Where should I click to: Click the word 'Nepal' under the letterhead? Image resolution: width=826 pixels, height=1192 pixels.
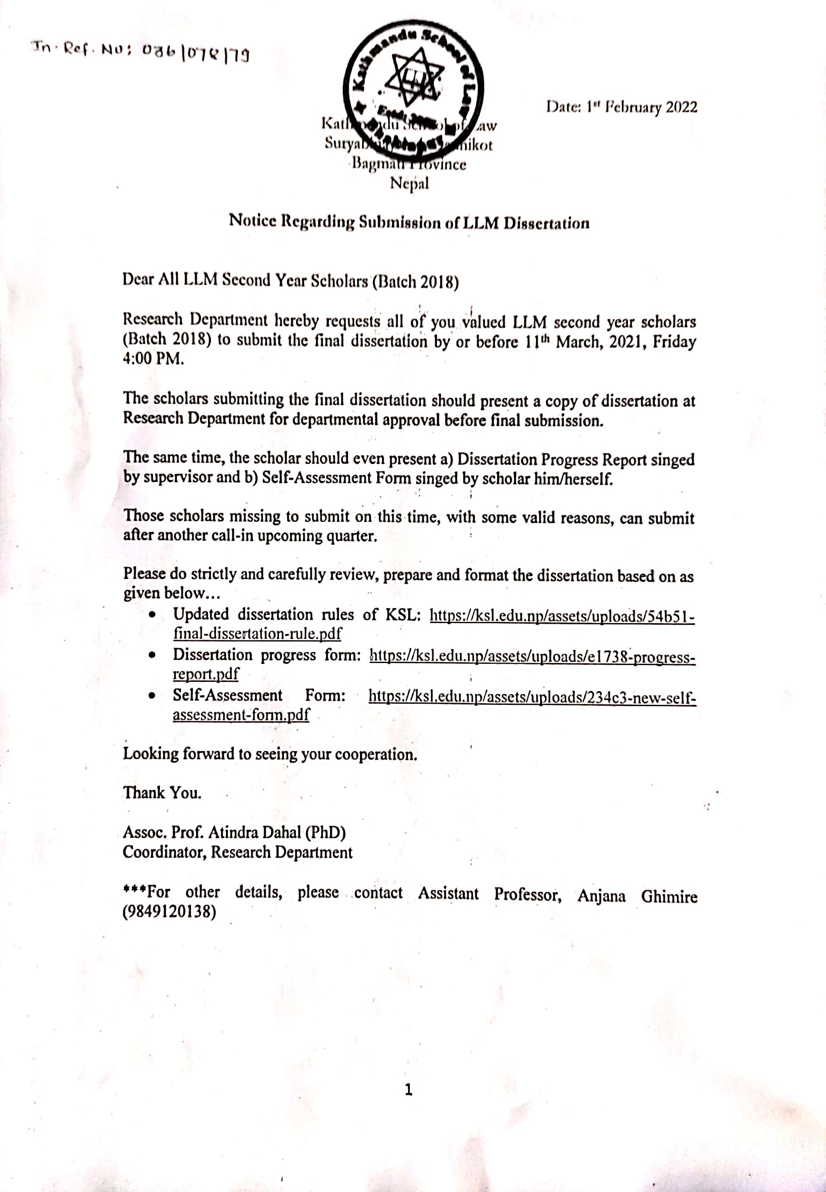[x=409, y=183]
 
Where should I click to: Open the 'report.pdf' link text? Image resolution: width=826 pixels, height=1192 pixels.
[x=205, y=674]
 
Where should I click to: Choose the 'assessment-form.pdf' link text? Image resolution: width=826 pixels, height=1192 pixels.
[x=241, y=714]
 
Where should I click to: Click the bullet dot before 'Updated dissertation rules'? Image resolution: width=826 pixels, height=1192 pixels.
[x=151, y=615]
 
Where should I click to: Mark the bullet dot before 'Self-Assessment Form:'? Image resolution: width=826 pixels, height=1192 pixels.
[x=151, y=697]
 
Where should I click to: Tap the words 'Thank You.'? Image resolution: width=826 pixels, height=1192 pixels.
[x=162, y=793]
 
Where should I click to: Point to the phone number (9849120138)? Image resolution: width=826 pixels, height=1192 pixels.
[x=169, y=911]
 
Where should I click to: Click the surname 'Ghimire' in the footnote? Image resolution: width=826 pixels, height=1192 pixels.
[x=669, y=896]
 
